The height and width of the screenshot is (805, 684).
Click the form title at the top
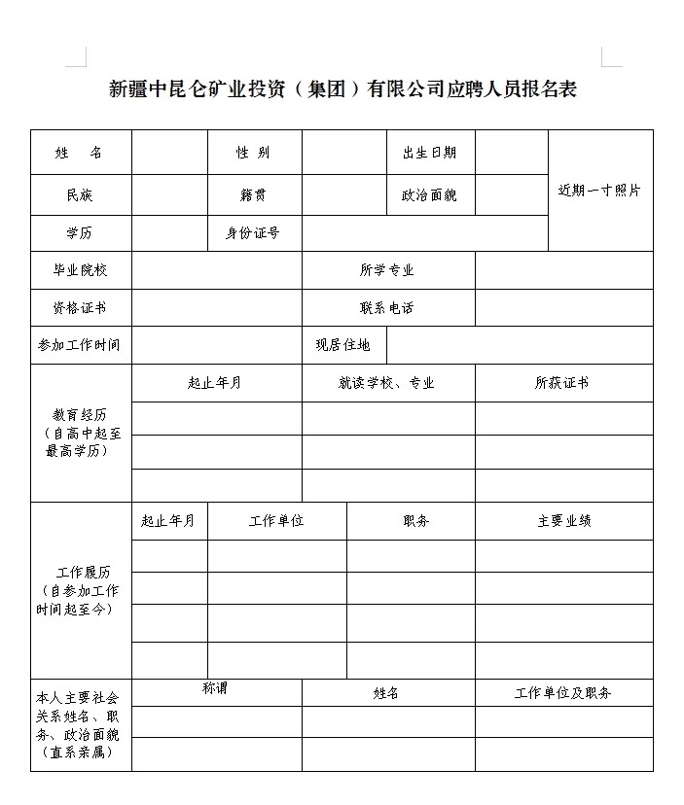coord(342,90)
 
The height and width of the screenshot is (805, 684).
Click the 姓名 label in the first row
coord(80,153)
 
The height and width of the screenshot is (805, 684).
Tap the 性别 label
coord(253,153)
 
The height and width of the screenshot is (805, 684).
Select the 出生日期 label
coord(429,153)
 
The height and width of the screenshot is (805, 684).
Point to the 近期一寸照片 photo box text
coord(599,191)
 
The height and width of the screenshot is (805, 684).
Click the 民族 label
coord(80,195)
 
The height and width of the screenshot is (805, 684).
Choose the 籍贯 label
coord(253,195)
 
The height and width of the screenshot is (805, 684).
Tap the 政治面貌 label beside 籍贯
coord(429,195)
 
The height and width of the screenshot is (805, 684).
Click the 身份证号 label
coord(253,233)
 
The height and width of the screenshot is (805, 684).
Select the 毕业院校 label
coord(80,270)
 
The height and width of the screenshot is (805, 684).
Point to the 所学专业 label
coord(387,270)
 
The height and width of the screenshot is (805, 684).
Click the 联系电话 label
coord(387,308)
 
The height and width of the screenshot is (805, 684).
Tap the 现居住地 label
coord(342,345)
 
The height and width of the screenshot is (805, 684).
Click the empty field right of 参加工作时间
coord(216,345)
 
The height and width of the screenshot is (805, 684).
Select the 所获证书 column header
coord(562,383)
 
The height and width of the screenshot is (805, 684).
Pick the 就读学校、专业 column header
coord(387,383)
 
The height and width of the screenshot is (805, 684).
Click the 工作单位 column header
coord(276,521)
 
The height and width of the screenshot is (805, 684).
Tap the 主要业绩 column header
coord(563,521)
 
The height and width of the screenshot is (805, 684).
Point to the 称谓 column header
coord(215,688)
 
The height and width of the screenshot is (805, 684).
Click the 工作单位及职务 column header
coord(563,693)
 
